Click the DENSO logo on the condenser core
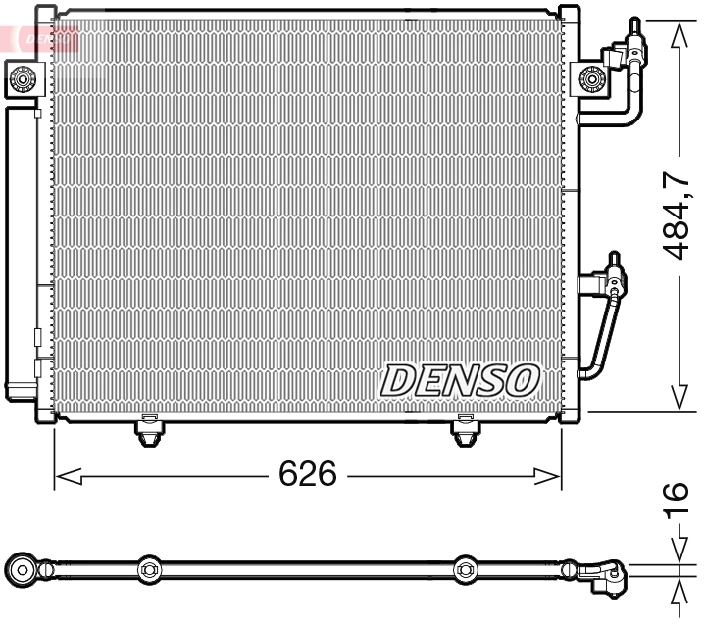[x=460, y=380]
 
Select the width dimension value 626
[x=308, y=475]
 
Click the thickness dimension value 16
[x=676, y=505]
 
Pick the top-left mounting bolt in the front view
[x=22, y=77]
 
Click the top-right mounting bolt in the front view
[x=591, y=78]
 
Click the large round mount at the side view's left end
[x=22, y=569]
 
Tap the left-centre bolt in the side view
[x=149, y=568]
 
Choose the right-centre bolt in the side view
[x=465, y=568]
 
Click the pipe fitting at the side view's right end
[x=601, y=575]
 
